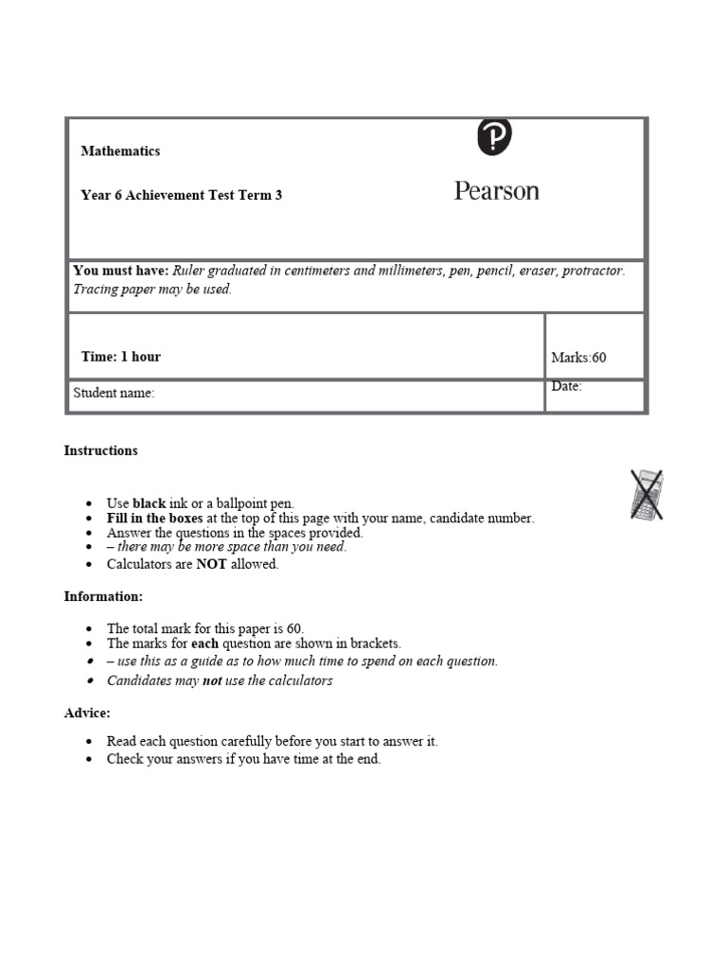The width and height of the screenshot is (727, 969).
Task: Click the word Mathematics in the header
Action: pos(120,150)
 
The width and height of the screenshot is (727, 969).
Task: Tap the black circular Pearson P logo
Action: pos(494,137)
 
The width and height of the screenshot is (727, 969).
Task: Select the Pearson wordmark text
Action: pos(496,191)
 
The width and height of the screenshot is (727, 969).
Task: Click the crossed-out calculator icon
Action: pos(647,494)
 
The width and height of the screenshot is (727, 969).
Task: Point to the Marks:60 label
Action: pos(578,358)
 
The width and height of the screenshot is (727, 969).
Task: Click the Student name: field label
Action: pos(114,393)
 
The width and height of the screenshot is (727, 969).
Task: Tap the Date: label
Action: pos(566,386)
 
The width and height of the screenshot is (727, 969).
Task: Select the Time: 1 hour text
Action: pos(121,357)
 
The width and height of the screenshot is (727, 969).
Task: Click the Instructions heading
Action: pos(100,450)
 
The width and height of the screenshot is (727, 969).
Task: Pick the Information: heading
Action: pos(103,596)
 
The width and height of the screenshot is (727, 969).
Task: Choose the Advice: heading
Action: pos(87,713)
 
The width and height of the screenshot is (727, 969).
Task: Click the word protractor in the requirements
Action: pos(593,271)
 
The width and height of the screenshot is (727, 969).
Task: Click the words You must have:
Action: pos(121,271)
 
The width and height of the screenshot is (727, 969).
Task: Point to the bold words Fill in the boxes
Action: pos(154,518)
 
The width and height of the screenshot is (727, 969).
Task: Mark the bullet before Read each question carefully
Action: pos(89,742)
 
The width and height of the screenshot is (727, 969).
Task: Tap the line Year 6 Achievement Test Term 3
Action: pos(181,195)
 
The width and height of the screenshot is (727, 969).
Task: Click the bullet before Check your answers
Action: pos(89,759)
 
